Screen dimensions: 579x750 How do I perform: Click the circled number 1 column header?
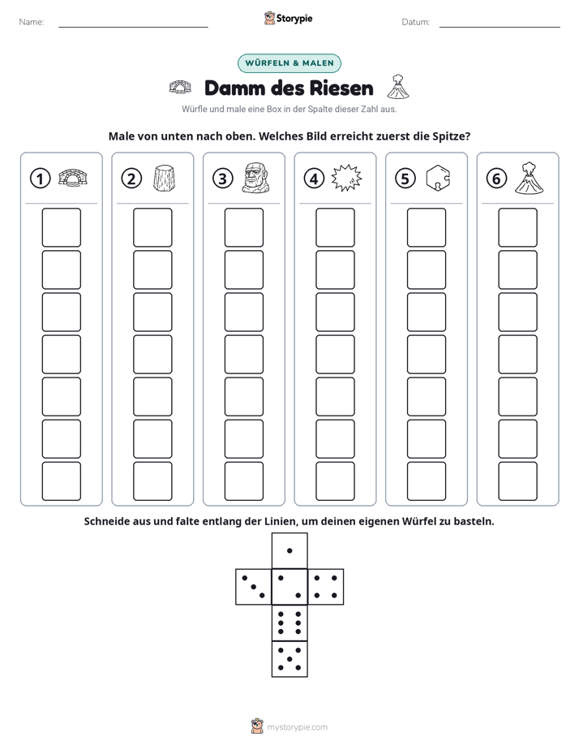[40, 179]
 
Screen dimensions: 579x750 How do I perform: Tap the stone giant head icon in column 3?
[255, 178]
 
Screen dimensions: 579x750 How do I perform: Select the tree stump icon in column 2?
[164, 179]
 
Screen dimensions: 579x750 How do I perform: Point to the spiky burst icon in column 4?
[347, 178]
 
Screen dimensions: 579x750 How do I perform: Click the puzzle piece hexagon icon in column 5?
[438, 178]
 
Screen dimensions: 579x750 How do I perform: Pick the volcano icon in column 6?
[529, 178]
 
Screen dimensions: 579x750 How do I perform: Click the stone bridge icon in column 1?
[73, 178]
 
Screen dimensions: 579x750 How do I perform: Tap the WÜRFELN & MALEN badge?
[289, 63]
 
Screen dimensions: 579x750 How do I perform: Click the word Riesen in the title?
[341, 88]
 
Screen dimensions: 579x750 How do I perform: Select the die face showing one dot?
[289, 551]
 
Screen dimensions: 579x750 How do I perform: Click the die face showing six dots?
[289, 623]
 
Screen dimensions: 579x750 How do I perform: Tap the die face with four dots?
[326, 587]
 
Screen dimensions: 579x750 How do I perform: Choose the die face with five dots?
[289, 659]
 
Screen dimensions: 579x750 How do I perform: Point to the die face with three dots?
[254, 587]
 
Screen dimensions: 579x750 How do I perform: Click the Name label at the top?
[32, 22]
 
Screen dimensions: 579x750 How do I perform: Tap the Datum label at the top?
[416, 22]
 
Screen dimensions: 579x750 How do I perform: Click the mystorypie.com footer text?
[297, 727]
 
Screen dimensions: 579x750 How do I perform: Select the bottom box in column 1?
[62, 481]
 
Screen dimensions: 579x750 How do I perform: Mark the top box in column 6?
[518, 227]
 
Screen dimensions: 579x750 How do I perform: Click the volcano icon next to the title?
[398, 87]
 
